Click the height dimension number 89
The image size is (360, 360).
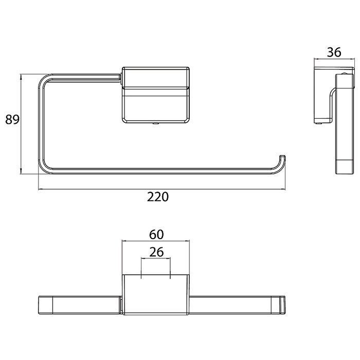[x=12, y=120]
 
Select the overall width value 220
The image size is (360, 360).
[x=158, y=197]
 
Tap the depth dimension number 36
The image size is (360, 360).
[x=334, y=52]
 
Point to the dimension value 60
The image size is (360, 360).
[x=156, y=234]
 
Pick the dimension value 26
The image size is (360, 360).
[x=156, y=252]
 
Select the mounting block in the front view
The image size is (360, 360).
[x=156, y=95]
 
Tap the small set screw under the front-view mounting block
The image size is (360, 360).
[x=155, y=123]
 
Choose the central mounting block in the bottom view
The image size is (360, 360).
[x=156, y=295]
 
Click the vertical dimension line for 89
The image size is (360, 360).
[x=21, y=123]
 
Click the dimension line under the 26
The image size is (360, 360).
[x=155, y=260]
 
